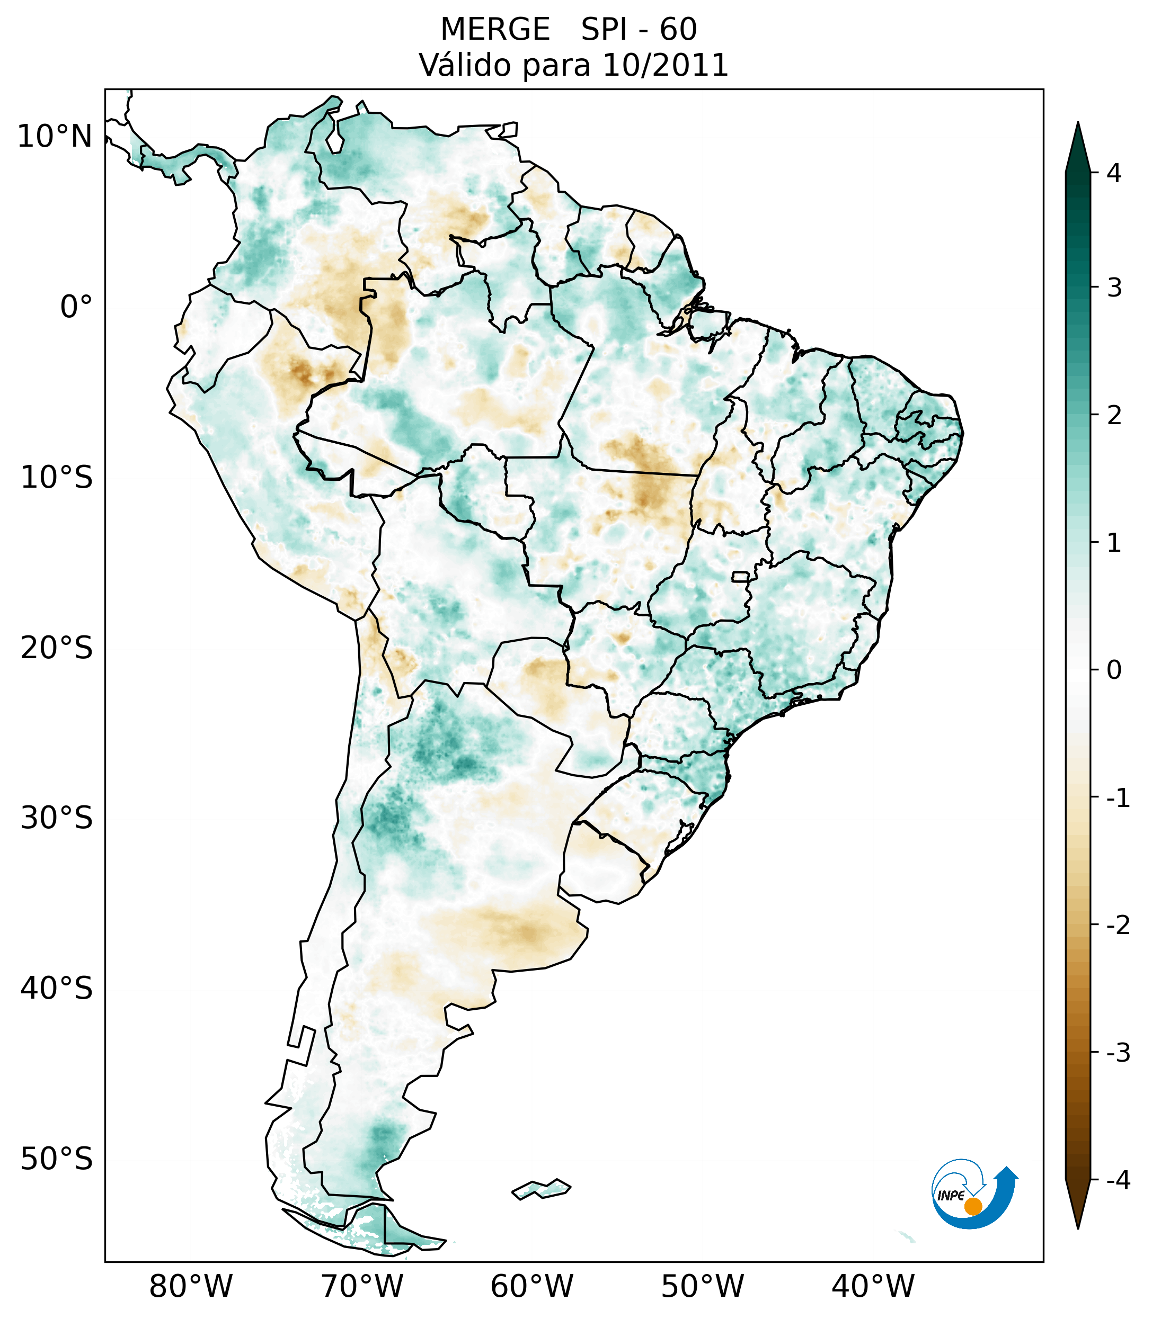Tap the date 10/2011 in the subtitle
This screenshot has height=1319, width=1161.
[x=665, y=65]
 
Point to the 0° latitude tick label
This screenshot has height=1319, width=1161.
[x=76, y=307]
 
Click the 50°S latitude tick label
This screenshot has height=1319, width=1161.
[x=57, y=1159]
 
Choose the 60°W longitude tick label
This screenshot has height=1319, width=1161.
[x=531, y=1286]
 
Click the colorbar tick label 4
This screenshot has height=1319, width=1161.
[x=1114, y=173]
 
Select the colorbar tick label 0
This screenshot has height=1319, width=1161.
[x=1114, y=670]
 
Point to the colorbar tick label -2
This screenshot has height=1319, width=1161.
[x=1118, y=926]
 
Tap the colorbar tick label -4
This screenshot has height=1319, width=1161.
[x=1118, y=1180]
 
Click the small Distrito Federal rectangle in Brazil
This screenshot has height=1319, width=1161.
[x=741, y=576]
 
